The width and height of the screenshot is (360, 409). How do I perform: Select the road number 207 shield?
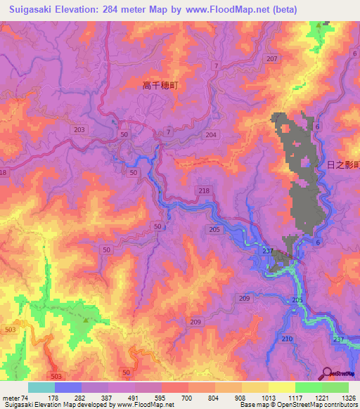pyautogui.click(x=272, y=59)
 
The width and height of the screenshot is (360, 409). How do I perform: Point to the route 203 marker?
pyautogui.click(x=79, y=130)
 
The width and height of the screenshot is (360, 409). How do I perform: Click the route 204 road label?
pyautogui.click(x=212, y=134)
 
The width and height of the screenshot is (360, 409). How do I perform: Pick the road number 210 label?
pyautogui.click(x=287, y=339)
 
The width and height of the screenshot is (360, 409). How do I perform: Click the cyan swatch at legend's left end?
pyautogui.click(x=41, y=387)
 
